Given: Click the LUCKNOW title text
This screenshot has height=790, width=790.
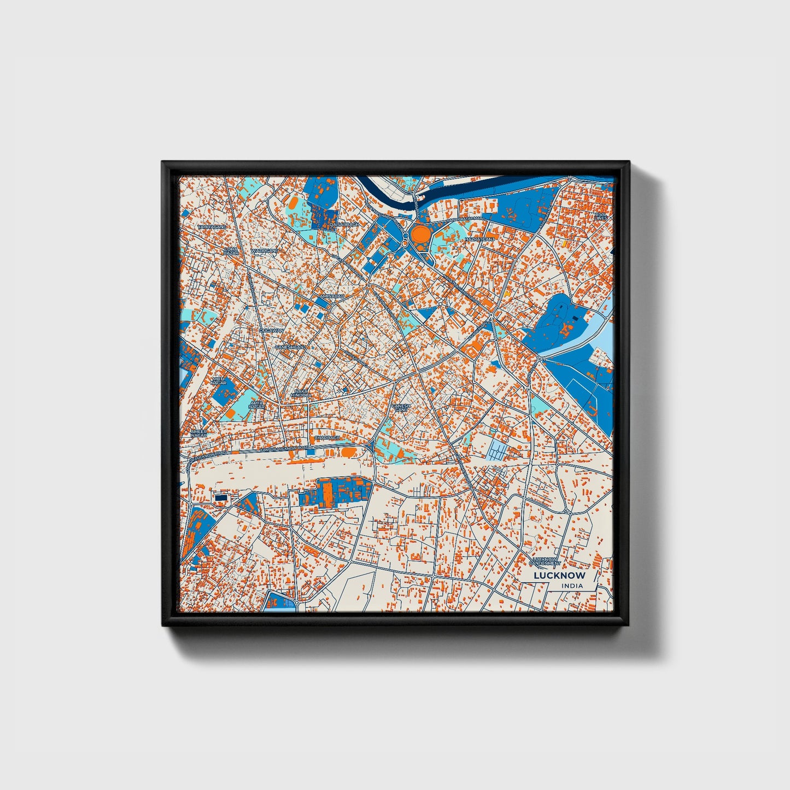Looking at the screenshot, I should [559, 575].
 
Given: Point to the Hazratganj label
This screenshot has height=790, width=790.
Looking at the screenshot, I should [475, 239].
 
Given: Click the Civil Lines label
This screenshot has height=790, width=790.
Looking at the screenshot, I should [601, 216].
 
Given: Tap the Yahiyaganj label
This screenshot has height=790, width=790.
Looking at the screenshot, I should [211, 226].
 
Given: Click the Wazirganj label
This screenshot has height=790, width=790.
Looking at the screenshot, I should [265, 251].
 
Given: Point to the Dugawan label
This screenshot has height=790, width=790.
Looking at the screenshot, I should [272, 331].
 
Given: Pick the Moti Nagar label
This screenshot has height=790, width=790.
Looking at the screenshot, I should [219, 381].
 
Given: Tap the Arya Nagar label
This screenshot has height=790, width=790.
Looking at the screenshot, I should [256, 405].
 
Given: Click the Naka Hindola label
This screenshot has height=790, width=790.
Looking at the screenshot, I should [302, 393].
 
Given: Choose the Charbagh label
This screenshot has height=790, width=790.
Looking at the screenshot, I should [326, 438].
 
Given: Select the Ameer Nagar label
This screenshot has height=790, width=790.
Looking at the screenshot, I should [199, 433].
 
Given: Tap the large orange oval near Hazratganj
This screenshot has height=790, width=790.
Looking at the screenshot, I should [421, 235].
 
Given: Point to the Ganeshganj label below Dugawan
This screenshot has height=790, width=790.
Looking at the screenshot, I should [290, 347].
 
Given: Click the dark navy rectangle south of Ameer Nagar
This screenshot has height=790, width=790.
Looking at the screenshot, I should [221, 498].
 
